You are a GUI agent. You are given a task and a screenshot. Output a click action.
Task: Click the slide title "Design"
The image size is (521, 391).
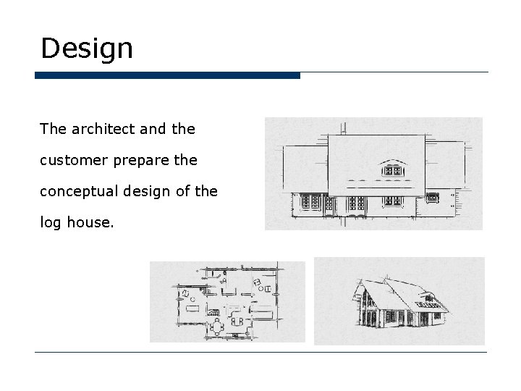(x=87, y=49)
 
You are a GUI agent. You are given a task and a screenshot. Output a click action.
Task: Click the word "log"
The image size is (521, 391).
(x=50, y=222)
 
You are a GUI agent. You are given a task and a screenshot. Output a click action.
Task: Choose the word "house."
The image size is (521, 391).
(x=90, y=222)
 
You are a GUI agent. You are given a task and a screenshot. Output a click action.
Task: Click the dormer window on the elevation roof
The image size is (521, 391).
(x=392, y=171)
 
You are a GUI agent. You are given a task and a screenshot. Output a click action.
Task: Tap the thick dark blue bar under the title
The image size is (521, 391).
(x=167, y=75)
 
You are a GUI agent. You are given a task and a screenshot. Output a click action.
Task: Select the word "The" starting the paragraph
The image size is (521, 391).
(x=52, y=129)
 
